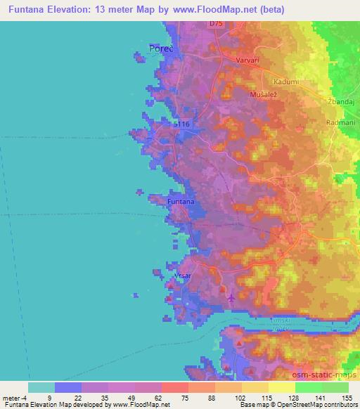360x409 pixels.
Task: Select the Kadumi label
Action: click(288, 82)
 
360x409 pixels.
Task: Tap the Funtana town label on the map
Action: click(180, 202)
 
